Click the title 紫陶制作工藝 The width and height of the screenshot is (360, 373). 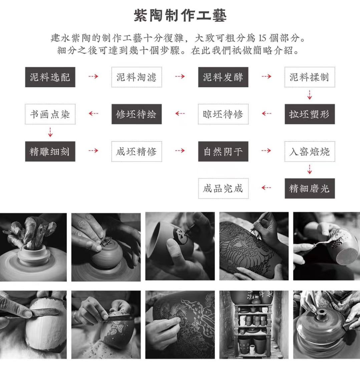(x=180, y=16)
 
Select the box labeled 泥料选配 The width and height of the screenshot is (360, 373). (x=50, y=77)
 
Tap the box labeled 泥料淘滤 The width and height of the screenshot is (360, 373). (x=136, y=77)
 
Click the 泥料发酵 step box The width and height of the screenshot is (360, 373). (x=223, y=77)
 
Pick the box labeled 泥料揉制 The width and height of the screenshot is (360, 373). (x=309, y=77)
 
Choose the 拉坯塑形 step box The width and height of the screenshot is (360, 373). (x=309, y=114)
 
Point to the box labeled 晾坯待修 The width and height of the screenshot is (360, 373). (x=223, y=114)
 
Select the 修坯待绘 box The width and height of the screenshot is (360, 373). (x=136, y=114)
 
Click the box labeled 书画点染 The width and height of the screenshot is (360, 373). (x=50, y=114)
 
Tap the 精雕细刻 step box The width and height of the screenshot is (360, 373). (x=50, y=151)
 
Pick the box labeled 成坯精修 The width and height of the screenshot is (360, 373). (x=136, y=151)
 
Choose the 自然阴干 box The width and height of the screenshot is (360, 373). (x=223, y=151)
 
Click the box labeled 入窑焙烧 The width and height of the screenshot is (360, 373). (x=309, y=151)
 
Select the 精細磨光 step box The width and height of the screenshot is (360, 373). (x=309, y=188)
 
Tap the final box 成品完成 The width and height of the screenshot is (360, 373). (x=223, y=188)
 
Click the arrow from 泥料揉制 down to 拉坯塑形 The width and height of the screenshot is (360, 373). (x=310, y=96)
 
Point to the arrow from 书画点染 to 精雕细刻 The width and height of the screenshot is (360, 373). (x=50, y=132)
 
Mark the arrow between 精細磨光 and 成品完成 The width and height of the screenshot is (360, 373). (x=266, y=188)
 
